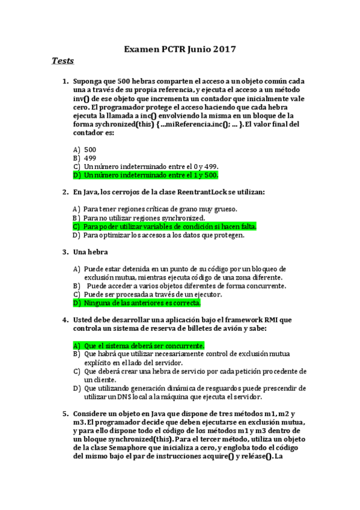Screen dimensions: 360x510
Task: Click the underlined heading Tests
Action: (x=63, y=61)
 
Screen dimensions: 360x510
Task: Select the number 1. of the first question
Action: (x=66, y=81)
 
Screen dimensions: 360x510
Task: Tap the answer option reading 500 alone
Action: (x=90, y=149)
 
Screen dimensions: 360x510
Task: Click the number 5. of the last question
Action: (x=66, y=414)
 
